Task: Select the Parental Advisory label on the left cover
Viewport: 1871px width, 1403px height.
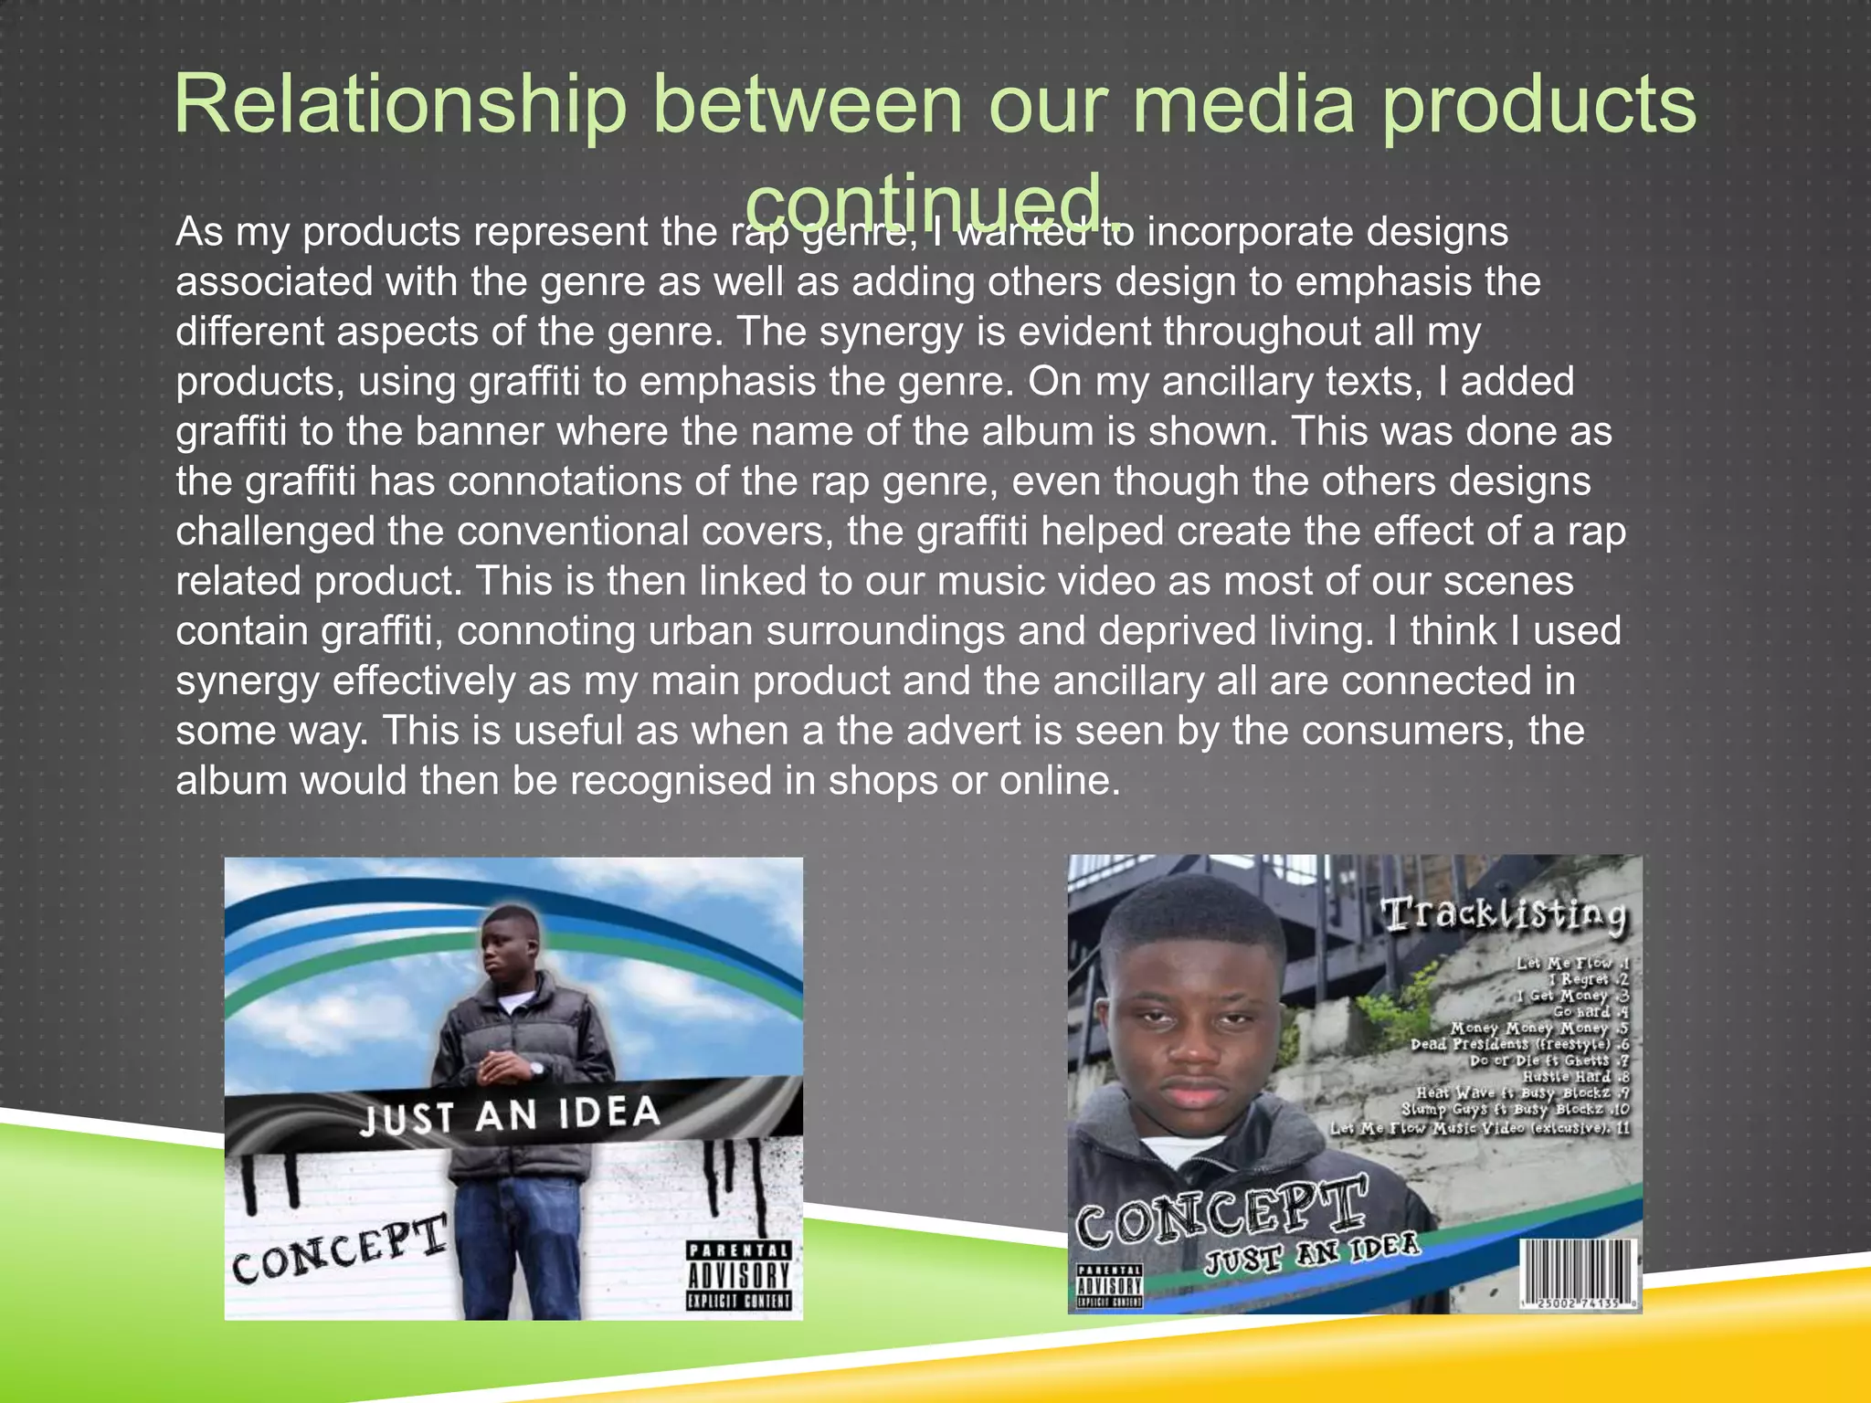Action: coord(739,1276)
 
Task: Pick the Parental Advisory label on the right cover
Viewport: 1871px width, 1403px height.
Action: coord(1108,1286)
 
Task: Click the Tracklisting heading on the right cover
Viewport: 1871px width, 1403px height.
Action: coord(1504,915)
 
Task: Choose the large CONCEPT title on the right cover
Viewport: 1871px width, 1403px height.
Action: coord(1221,1212)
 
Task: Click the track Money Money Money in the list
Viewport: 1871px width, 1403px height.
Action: coord(1531,1028)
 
